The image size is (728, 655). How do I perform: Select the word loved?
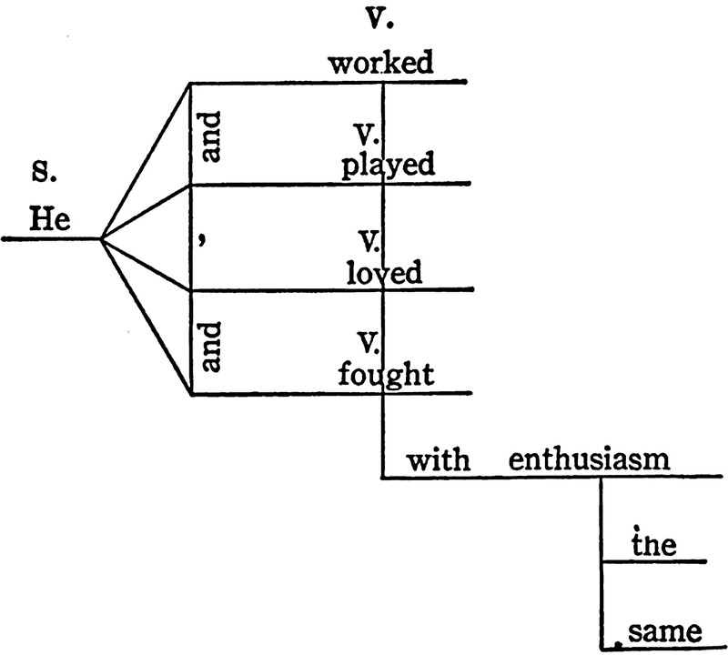pyautogui.click(x=384, y=273)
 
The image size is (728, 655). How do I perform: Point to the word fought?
pyautogui.click(x=382, y=376)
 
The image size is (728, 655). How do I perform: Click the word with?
pyautogui.click(x=438, y=459)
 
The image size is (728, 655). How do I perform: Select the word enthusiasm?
pyautogui.click(x=590, y=459)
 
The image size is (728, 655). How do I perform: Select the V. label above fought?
pyautogui.click(x=369, y=344)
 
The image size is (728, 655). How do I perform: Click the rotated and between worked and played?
pyautogui.click(x=212, y=133)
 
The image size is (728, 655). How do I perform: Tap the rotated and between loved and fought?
pyautogui.click(x=212, y=343)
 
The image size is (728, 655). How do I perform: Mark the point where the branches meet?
pyautogui.click(x=100, y=239)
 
